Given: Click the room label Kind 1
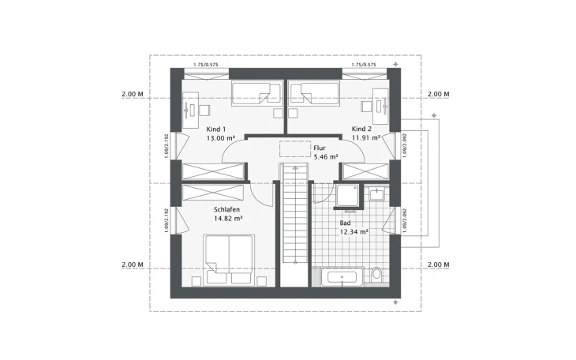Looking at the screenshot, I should [x=215, y=129].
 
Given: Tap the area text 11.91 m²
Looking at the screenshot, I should [x=365, y=137].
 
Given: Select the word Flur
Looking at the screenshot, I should [x=319, y=148].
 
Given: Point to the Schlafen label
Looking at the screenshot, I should [x=227, y=210].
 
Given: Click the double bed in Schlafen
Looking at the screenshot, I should [x=228, y=258].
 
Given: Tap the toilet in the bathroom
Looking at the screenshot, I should [x=376, y=275].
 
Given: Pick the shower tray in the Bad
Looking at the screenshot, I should [x=347, y=195].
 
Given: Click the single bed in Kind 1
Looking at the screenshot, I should [x=256, y=94].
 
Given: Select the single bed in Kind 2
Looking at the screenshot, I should [x=314, y=94].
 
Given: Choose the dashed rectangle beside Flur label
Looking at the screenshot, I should [x=293, y=149].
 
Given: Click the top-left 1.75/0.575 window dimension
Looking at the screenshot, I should [x=207, y=64].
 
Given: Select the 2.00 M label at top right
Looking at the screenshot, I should [x=438, y=94].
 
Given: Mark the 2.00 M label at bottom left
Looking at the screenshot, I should [x=133, y=264].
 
